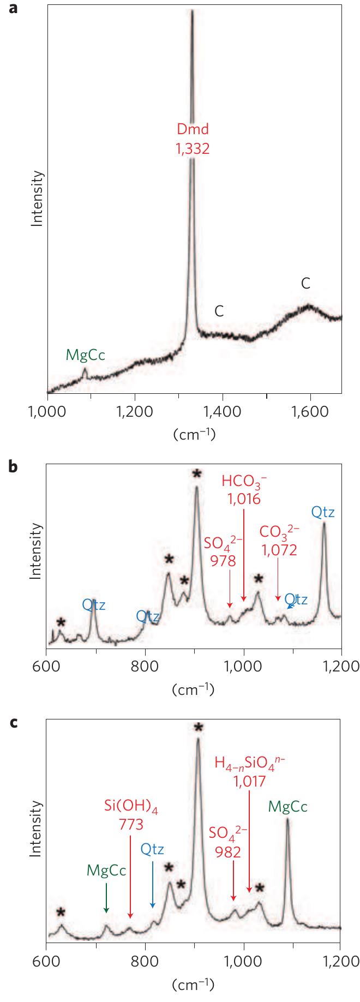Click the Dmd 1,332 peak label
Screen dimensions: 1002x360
[x=193, y=139]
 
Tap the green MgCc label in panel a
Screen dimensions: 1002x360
[x=85, y=356]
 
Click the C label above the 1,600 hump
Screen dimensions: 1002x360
[x=305, y=283]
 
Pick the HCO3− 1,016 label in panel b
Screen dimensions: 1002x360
[x=244, y=490]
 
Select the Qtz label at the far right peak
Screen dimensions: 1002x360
[x=323, y=512]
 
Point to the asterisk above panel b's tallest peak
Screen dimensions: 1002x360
[x=196, y=474]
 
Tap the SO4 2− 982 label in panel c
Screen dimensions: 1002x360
[x=229, y=841]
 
